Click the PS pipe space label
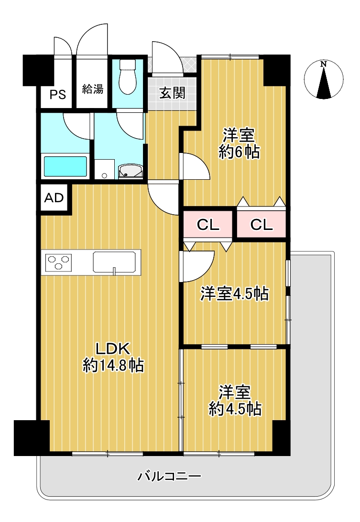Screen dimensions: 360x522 point(58,95)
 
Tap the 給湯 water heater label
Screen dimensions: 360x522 point(93,89)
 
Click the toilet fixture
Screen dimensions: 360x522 point(128,76)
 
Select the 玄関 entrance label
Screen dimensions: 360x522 point(172,93)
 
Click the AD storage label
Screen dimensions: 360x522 point(54,198)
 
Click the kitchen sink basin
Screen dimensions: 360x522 point(115,262)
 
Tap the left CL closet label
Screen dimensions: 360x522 point(208,225)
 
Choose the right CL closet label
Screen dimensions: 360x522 point(262,225)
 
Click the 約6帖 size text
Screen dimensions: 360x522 point(239,152)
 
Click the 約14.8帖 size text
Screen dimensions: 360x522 point(113,366)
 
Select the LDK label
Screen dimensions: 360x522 point(113,348)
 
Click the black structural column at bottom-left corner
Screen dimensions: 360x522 point(31,438)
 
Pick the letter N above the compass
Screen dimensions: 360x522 point(323,64)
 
